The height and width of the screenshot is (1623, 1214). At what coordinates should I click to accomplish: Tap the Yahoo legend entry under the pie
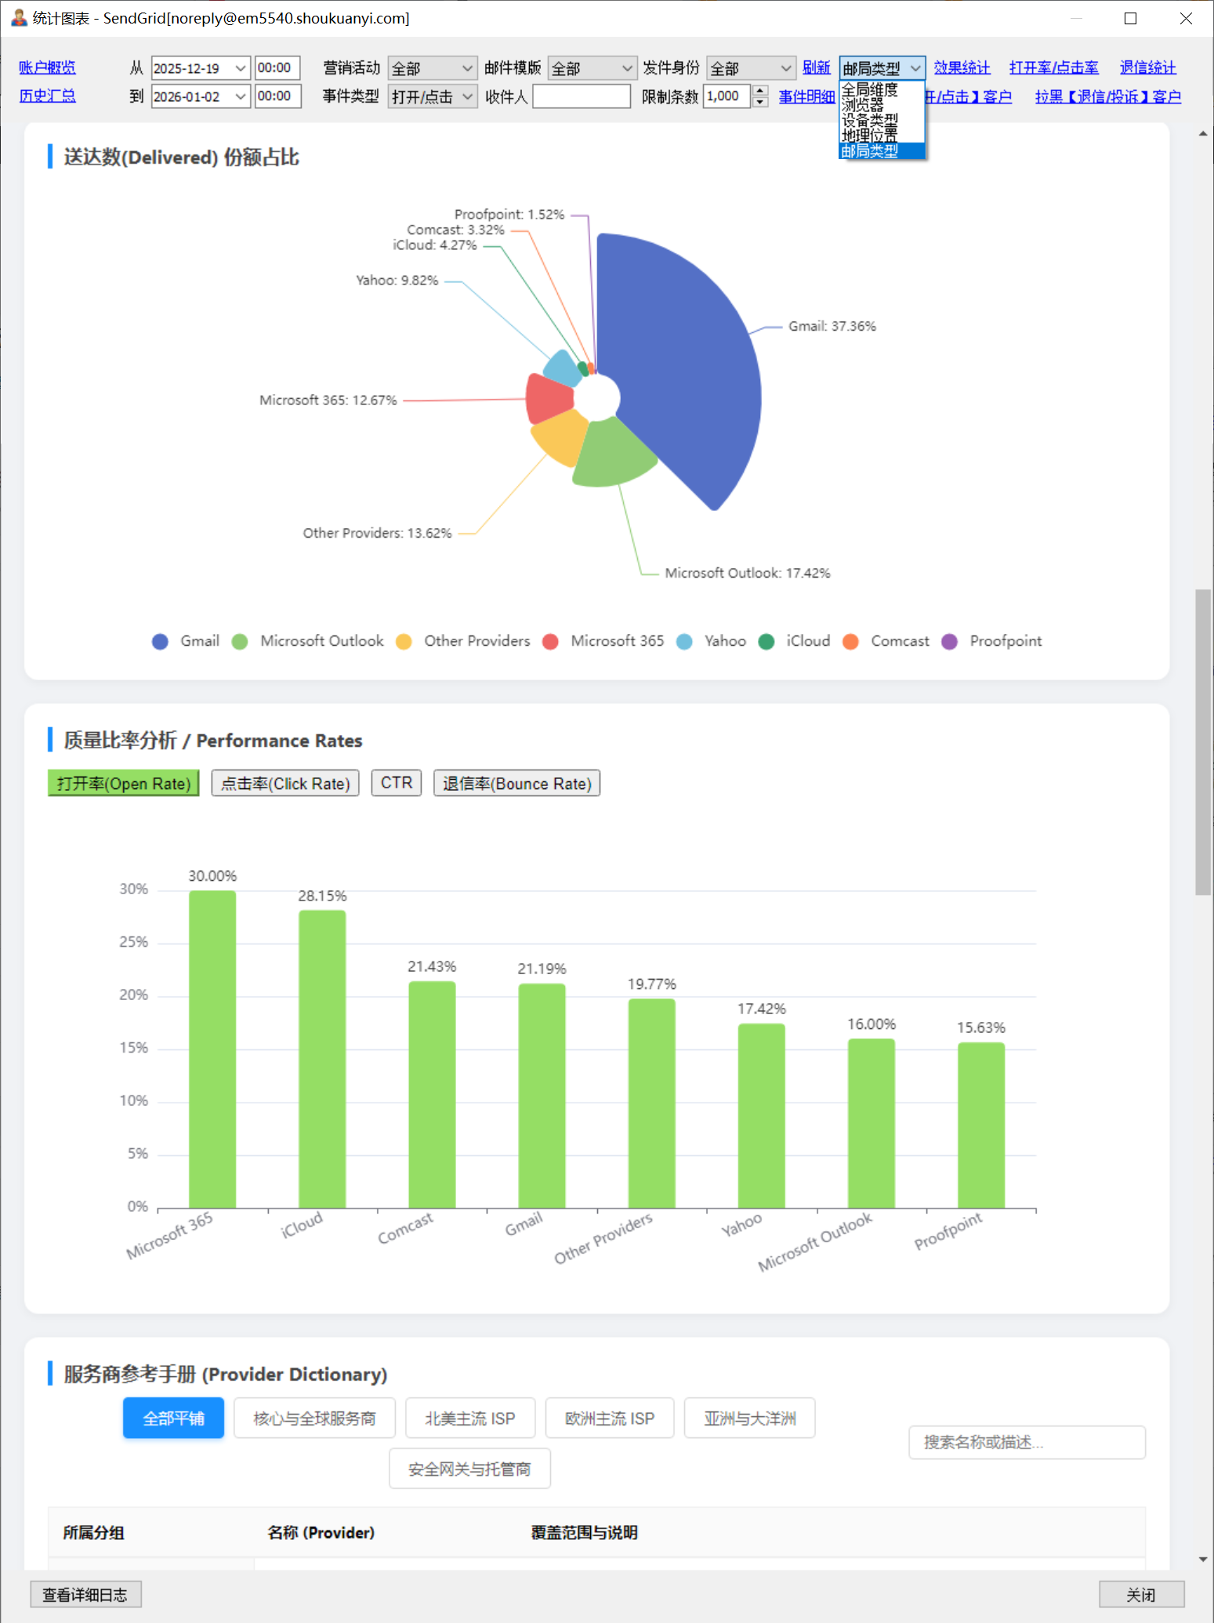tap(712, 641)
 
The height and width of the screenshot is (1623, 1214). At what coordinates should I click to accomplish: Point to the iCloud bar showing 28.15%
tap(322, 1058)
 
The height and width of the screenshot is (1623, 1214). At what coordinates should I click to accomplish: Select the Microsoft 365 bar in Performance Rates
tap(212, 1050)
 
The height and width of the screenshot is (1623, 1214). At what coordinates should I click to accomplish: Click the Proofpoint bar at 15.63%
tap(981, 1125)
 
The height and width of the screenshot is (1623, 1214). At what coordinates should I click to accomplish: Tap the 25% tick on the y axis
tap(133, 942)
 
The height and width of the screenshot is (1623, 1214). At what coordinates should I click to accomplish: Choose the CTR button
tap(397, 783)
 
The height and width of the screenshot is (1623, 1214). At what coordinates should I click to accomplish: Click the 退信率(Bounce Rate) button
tap(517, 784)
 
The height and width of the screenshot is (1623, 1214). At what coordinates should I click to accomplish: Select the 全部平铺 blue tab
tap(173, 1418)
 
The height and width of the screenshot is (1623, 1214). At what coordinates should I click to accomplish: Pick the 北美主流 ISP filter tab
tap(470, 1418)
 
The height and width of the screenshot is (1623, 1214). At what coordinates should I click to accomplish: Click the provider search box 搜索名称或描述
tap(1027, 1442)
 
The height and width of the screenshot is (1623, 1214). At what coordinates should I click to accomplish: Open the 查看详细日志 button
tap(85, 1595)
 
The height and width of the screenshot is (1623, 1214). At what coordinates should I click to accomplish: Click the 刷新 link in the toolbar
tap(816, 68)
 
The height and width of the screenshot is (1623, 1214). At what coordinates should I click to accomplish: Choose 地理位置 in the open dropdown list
tap(869, 136)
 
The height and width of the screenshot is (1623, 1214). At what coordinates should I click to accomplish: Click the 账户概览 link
tap(47, 68)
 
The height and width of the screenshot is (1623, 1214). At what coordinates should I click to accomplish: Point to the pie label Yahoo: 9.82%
tap(397, 281)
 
